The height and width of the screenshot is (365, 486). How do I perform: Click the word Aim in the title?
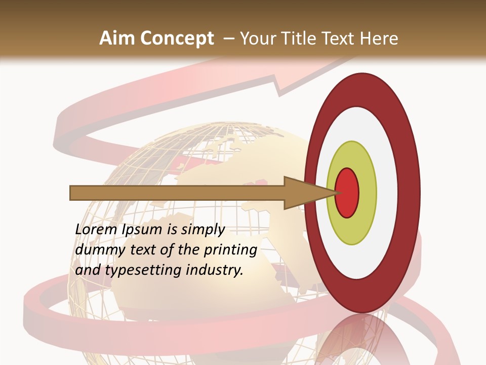point(117,39)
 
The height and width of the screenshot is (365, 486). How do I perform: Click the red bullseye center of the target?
point(347,193)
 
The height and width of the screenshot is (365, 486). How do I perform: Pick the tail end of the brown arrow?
point(73,193)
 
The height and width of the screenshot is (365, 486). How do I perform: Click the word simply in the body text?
point(202,230)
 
